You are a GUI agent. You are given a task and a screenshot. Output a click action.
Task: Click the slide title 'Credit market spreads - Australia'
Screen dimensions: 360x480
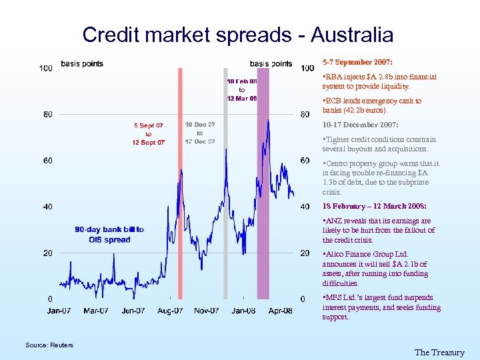[238, 34]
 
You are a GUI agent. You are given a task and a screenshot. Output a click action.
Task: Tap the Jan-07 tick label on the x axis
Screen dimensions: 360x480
[59, 311]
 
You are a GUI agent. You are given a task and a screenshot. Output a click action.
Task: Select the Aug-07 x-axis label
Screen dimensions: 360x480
[170, 311]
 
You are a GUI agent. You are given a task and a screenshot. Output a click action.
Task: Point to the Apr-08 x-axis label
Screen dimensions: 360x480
[280, 311]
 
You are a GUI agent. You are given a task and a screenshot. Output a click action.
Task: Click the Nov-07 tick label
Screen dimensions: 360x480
[207, 311]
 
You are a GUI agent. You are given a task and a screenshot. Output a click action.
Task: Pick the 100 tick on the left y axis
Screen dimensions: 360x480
[46, 68]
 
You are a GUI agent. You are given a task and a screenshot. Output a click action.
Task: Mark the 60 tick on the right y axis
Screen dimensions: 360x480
[305, 161]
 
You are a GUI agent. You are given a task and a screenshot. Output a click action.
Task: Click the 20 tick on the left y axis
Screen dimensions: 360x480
[48, 253]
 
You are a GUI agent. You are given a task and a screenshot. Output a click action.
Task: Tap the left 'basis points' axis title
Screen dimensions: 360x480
[82, 64]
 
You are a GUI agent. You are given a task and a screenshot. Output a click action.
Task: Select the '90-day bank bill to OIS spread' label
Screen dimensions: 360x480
[109, 235]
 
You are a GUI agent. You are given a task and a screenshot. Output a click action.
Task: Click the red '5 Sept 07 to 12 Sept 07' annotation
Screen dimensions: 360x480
[149, 133]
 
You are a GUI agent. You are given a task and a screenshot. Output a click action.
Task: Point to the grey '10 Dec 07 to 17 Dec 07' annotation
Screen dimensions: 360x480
[200, 133]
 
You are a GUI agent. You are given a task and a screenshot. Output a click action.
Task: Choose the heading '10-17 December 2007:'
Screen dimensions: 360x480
[360, 125]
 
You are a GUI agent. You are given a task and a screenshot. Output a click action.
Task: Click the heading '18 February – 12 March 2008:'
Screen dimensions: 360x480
[374, 206]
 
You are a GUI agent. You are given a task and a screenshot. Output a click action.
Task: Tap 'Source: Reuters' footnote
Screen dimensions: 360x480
[49, 345]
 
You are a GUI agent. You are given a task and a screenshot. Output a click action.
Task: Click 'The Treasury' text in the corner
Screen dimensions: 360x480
[439, 353]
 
